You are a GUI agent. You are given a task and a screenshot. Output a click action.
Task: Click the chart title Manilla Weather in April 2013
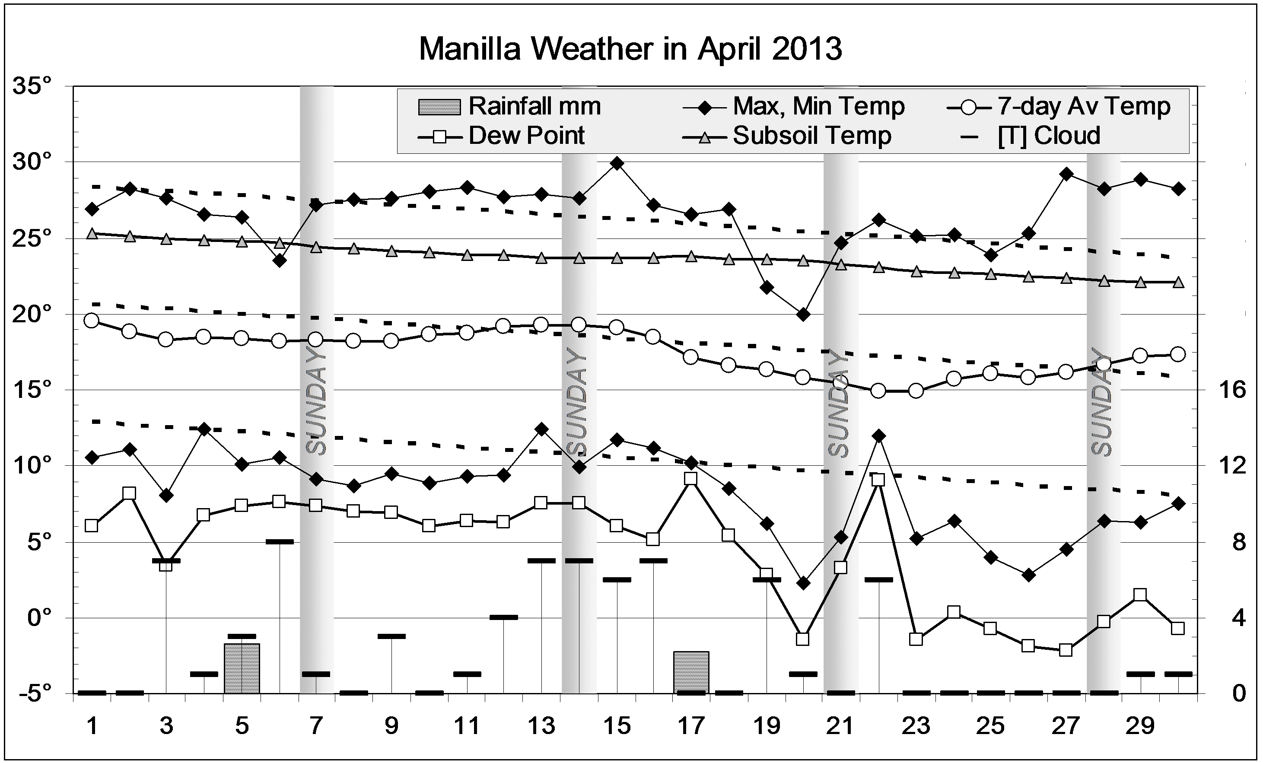[x=630, y=49]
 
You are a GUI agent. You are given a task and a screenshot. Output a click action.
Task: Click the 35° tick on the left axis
[x=33, y=86]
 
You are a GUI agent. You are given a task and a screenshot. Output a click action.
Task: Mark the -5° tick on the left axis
[x=33, y=693]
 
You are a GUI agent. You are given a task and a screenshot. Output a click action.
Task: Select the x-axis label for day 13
[x=542, y=726]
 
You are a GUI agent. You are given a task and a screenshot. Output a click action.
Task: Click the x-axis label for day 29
[x=1140, y=726]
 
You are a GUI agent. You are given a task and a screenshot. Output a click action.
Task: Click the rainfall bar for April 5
[x=242, y=668]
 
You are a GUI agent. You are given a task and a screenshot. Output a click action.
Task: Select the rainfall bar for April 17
[x=691, y=672]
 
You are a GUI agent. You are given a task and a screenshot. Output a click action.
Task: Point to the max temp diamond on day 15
[x=617, y=163]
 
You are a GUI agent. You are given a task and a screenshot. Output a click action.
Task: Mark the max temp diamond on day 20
[x=803, y=314]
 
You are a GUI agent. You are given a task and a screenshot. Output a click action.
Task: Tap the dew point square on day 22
[x=878, y=480]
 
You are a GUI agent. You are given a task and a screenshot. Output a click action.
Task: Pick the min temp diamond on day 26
[x=1028, y=575]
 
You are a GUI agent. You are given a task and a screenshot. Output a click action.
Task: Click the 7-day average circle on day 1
[x=92, y=321]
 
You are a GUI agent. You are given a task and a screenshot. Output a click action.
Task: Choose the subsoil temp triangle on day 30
[x=1178, y=283]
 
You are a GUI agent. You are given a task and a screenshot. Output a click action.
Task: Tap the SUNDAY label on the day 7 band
[x=316, y=402]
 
